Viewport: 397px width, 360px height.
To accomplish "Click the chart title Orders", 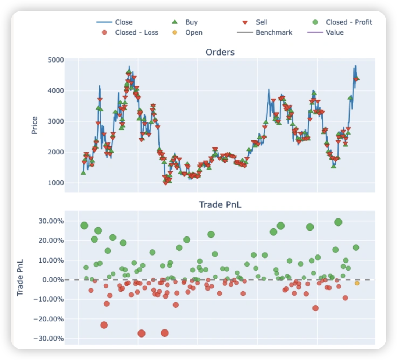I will (x=220, y=52).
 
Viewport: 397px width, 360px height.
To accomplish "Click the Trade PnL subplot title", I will (x=220, y=204).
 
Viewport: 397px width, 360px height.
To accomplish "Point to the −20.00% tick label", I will (x=49, y=319).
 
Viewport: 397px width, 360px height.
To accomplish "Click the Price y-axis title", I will (x=35, y=125).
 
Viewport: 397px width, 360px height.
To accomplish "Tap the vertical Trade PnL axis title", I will (x=20, y=278).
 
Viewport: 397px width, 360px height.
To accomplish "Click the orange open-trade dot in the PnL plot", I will (x=357, y=283).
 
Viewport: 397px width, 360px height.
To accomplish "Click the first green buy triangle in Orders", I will (x=83, y=172).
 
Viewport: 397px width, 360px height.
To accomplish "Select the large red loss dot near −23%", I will (x=104, y=325).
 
